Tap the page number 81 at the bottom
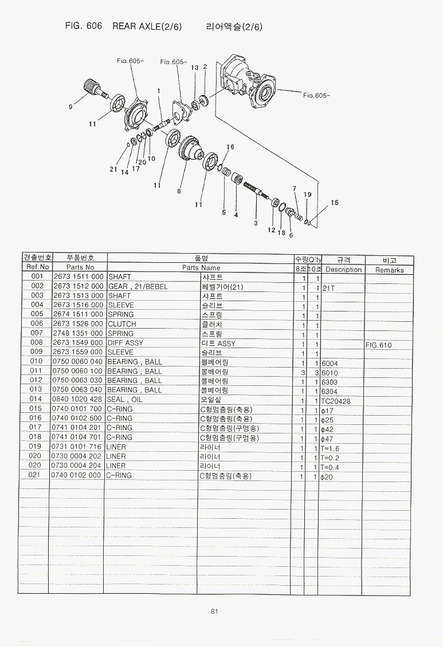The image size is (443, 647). click(x=214, y=611)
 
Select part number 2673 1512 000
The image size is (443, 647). click(x=78, y=286)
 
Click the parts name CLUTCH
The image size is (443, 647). click(x=122, y=324)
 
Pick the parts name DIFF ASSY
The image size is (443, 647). click(x=126, y=343)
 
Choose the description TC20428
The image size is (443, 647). click(x=336, y=401)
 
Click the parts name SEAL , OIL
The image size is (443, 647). click(x=124, y=400)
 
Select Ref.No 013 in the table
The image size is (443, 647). click(x=37, y=390)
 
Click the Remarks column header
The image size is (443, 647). click(x=389, y=270)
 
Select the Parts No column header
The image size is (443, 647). click(x=80, y=267)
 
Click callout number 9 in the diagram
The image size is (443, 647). click(x=70, y=106)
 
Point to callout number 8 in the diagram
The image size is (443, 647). click(x=179, y=191)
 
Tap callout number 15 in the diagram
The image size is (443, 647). click(x=335, y=203)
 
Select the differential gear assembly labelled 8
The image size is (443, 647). click(x=190, y=150)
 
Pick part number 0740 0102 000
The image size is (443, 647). click(x=78, y=475)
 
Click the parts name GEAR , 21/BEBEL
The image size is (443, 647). click(x=138, y=286)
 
